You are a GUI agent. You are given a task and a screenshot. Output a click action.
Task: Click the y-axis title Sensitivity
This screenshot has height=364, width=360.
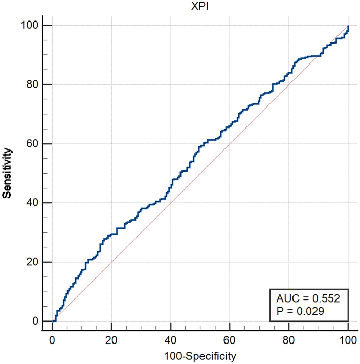coord(8,173)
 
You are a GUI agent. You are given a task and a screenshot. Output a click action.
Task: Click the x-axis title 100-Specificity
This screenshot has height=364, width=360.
coord(199,355)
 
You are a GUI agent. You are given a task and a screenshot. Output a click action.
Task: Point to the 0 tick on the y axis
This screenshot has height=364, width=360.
coord(35,322)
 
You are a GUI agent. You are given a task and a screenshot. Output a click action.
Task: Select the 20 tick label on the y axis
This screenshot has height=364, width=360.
coord(33,262)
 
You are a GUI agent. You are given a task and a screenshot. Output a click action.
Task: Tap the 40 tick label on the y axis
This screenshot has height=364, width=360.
coord(33,203)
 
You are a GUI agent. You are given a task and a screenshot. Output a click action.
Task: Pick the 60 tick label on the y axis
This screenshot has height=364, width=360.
coord(33,144)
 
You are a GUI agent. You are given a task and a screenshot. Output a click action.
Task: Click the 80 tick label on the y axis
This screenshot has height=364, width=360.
coord(33,84)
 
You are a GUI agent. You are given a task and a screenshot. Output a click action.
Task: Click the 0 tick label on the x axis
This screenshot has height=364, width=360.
coord(52,339)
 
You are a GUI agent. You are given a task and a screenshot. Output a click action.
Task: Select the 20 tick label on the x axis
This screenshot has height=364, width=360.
coord(111,339)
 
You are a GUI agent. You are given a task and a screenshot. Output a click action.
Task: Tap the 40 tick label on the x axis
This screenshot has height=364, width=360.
coord(171,339)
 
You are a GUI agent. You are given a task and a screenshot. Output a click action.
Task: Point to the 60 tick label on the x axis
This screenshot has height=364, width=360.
coord(230,339)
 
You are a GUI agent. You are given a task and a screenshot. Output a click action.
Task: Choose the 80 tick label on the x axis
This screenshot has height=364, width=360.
coord(289,339)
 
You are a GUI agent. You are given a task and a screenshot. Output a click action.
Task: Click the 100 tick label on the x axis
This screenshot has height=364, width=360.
coord(348,339)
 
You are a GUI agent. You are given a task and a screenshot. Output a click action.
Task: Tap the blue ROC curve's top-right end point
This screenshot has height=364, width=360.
coord(348,26)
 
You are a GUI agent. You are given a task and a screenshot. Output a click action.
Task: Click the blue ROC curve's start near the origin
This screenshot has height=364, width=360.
coord(53,320)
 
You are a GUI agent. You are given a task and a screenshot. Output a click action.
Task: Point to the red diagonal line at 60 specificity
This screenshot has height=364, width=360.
coord(230,144)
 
